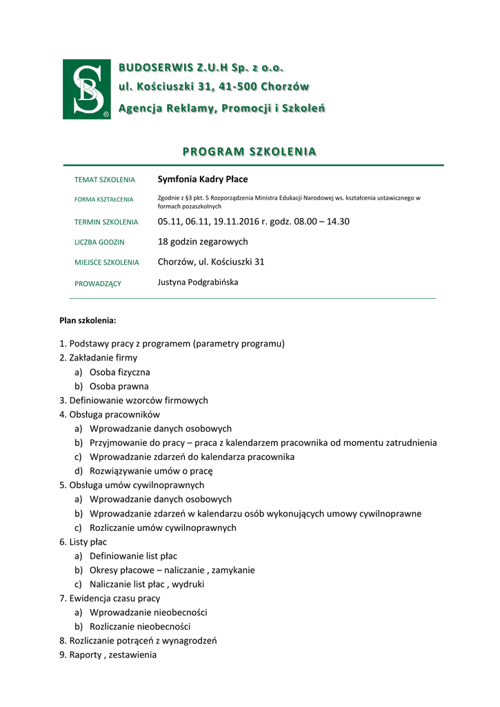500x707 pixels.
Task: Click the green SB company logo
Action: [x=86, y=89]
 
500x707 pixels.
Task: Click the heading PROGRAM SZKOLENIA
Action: [x=249, y=152]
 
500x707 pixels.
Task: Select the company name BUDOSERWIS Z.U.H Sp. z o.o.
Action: [x=201, y=68]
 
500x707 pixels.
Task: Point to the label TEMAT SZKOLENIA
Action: [x=104, y=180]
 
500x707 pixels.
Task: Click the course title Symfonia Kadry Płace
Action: [x=202, y=180]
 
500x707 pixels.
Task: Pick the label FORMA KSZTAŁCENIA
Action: [x=103, y=200]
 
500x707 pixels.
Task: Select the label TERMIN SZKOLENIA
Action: [x=106, y=222]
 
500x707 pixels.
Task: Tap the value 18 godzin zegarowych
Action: [x=202, y=242]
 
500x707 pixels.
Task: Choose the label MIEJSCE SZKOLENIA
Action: [x=106, y=262]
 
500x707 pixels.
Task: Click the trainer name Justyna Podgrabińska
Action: [x=198, y=282]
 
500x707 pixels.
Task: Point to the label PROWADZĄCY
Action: [x=97, y=283]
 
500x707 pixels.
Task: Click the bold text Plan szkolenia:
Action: [x=88, y=320]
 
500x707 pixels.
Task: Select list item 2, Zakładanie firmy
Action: [x=98, y=358]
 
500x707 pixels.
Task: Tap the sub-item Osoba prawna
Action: [x=119, y=386]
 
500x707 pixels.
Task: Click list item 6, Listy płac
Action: [x=83, y=542]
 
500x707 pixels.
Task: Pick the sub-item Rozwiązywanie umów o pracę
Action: [x=151, y=471]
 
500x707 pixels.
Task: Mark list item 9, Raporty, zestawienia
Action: [x=108, y=655]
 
